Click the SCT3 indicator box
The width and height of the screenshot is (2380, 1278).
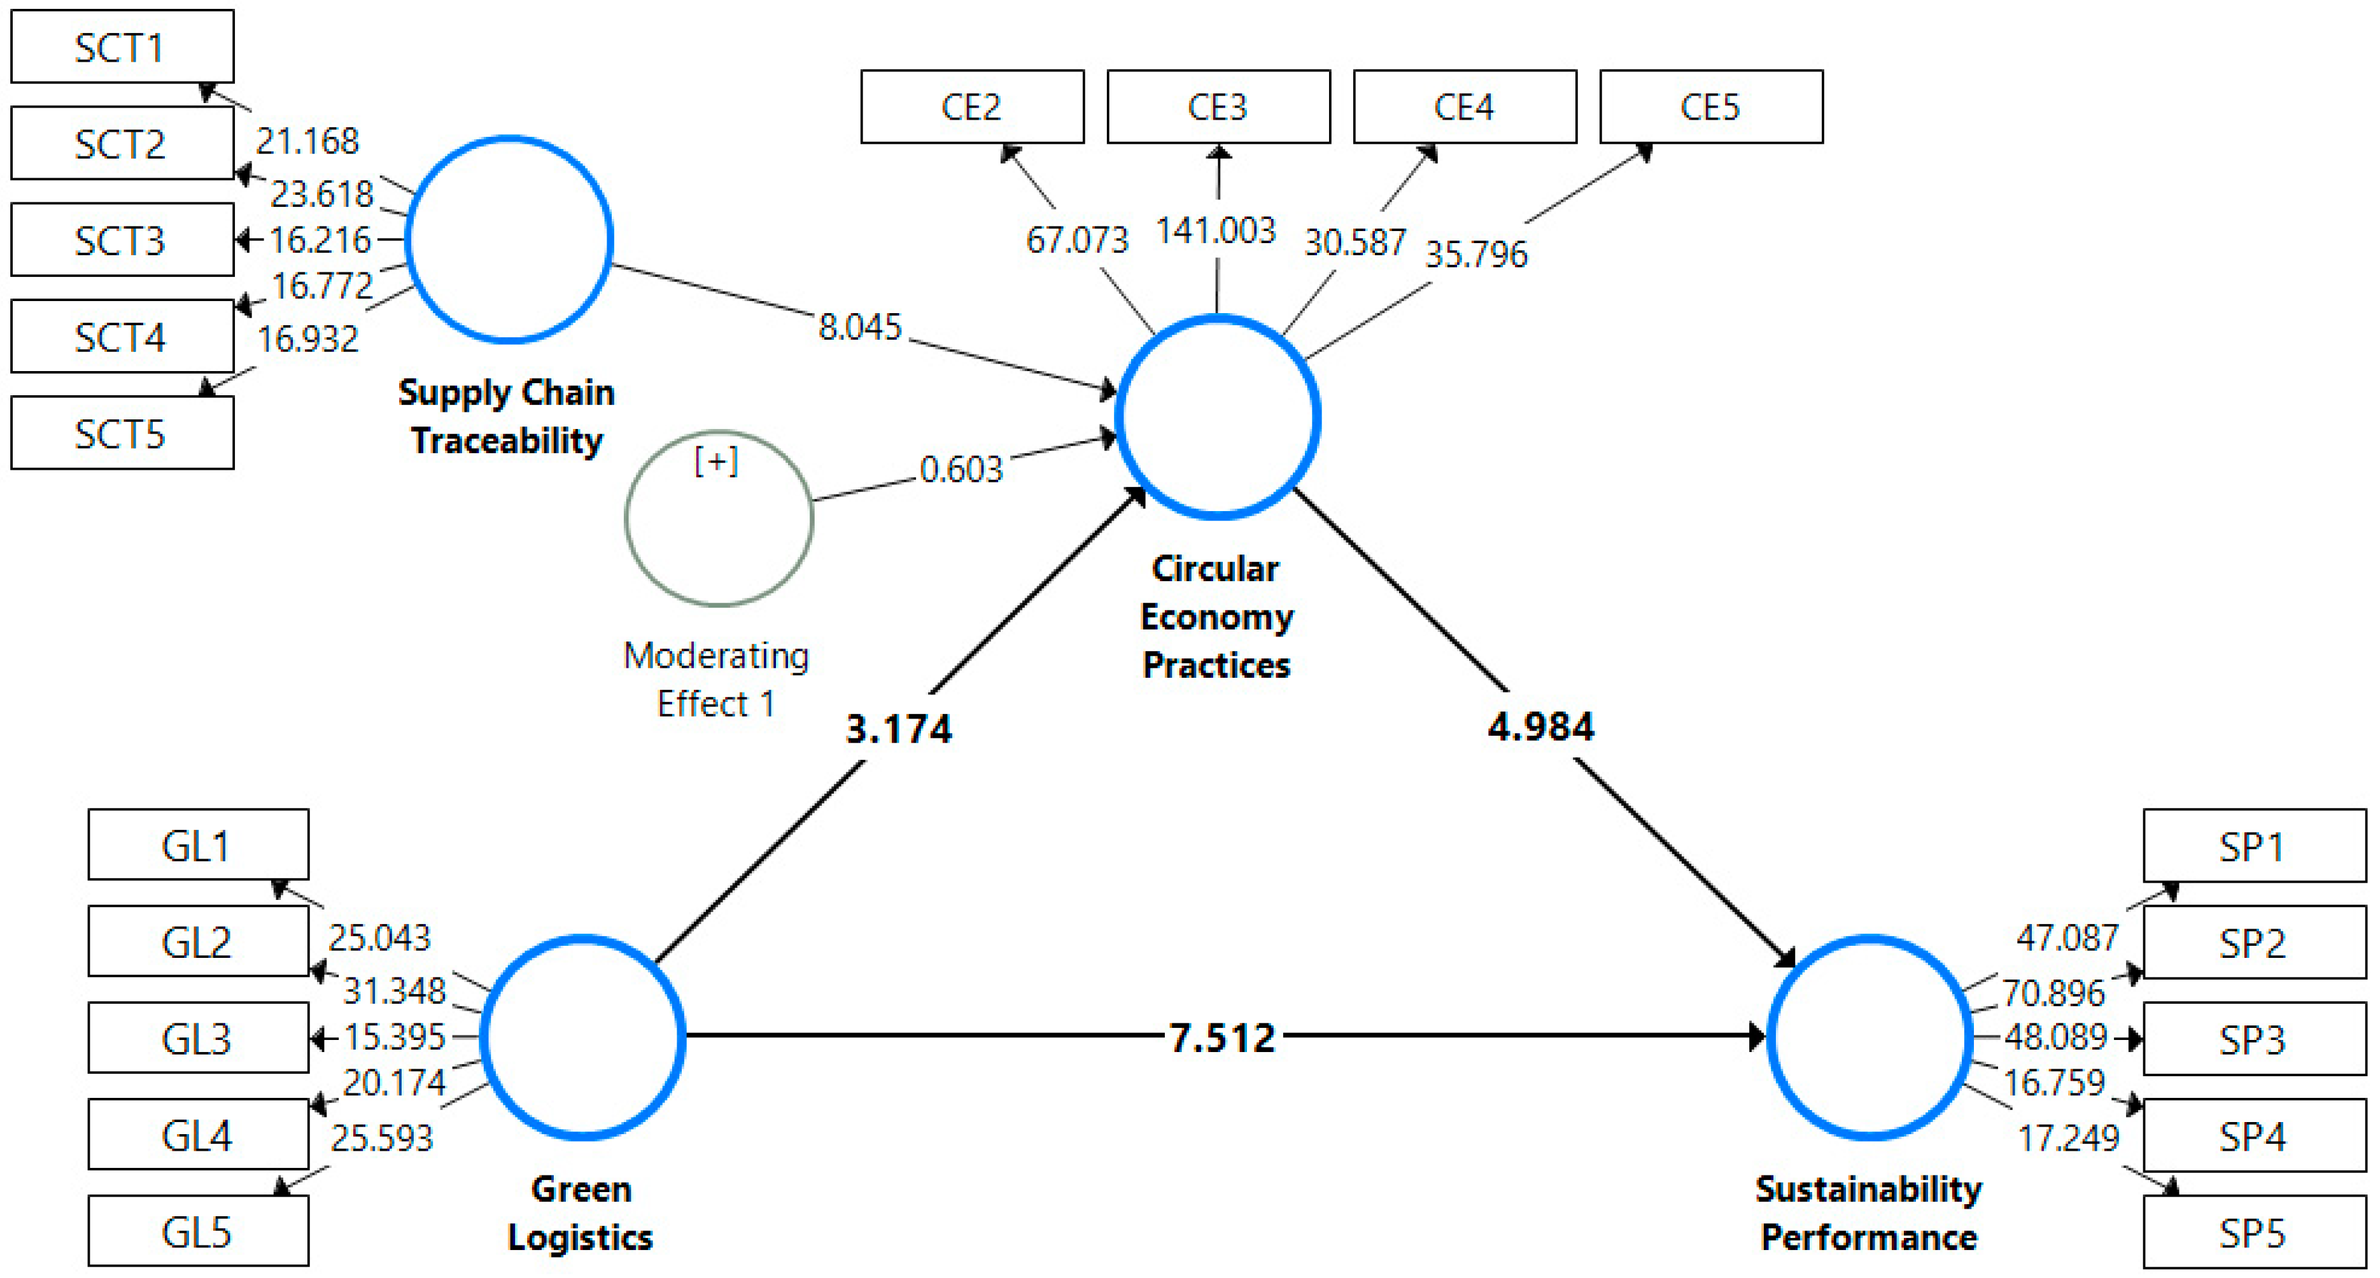pyautogui.click(x=122, y=240)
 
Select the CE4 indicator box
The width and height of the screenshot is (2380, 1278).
pyautogui.click(x=1465, y=107)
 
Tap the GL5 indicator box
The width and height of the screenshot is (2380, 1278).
pyautogui.click(x=198, y=1232)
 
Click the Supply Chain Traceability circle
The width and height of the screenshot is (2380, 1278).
pyautogui.click(x=509, y=239)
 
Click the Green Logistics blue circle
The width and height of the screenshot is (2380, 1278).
pyautogui.click(x=583, y=1037)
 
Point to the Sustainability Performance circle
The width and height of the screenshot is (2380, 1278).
pyautogui.click(x=1869, y=1037)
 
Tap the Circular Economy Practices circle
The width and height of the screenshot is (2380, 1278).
pyautogui.click(x=1217, y=417)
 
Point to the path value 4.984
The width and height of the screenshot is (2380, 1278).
pyautogui.click(x=1540, y=726)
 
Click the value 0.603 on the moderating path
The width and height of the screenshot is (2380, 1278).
pyautogui.click(x=961, y=470)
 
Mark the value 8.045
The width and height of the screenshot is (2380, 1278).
pyautogui.click(x=859, y=327)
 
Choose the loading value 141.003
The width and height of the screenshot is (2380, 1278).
pyautogui.click(x=1216, y=230)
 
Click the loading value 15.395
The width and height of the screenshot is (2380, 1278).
pyautogui.click(x=395, y=1037)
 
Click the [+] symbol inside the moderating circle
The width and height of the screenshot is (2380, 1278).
pyautogui.click(x=716, y=460)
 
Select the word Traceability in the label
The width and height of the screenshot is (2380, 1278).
pyautogui.click(x=506, y=441)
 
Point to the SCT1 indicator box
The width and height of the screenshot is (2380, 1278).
pyautogui.click(x=122, y=47)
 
